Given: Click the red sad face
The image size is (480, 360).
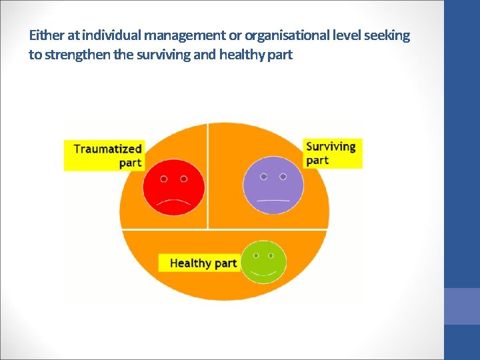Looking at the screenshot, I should tap(173, 185).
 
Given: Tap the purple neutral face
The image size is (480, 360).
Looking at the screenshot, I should tap(273, 185).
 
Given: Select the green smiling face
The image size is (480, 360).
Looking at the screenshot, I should tap(263, 261).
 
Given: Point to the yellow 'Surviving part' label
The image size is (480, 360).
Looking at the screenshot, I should tap(331, 153).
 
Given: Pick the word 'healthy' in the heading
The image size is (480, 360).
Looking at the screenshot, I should tap(241, 54).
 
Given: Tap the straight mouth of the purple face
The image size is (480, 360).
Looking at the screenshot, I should tap(273, 200).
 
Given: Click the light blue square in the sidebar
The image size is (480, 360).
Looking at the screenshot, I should tap(462, 306).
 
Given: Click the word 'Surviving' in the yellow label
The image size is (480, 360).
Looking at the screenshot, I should tap(331, 146).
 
